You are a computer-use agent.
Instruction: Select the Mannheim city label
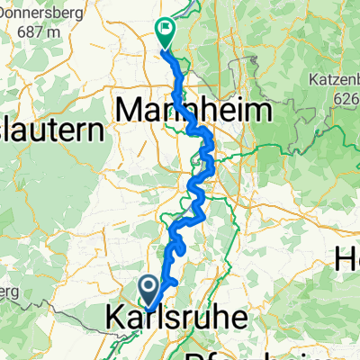194,112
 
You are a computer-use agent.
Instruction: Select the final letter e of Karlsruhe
220,320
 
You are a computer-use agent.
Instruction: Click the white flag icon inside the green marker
166,28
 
